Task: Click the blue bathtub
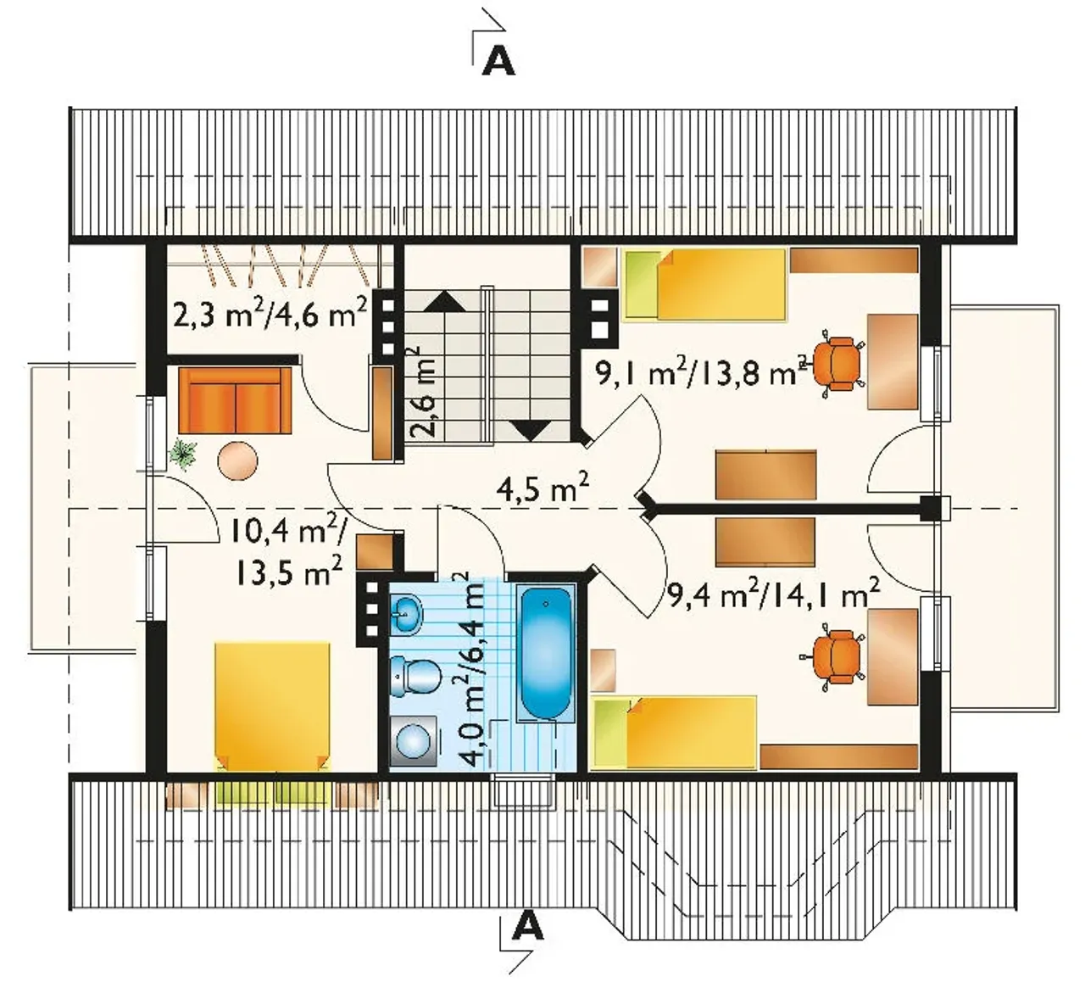click(546, 653)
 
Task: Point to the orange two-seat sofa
click(235, 400)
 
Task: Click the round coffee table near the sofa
click(237, 460)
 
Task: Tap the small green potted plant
click(183, 451)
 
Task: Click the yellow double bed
click(272, 706)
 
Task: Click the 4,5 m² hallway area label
click(542, 488)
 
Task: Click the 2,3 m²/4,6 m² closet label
click(270, 314)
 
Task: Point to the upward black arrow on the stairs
click(445, 301)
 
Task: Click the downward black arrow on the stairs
click(532, 430)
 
